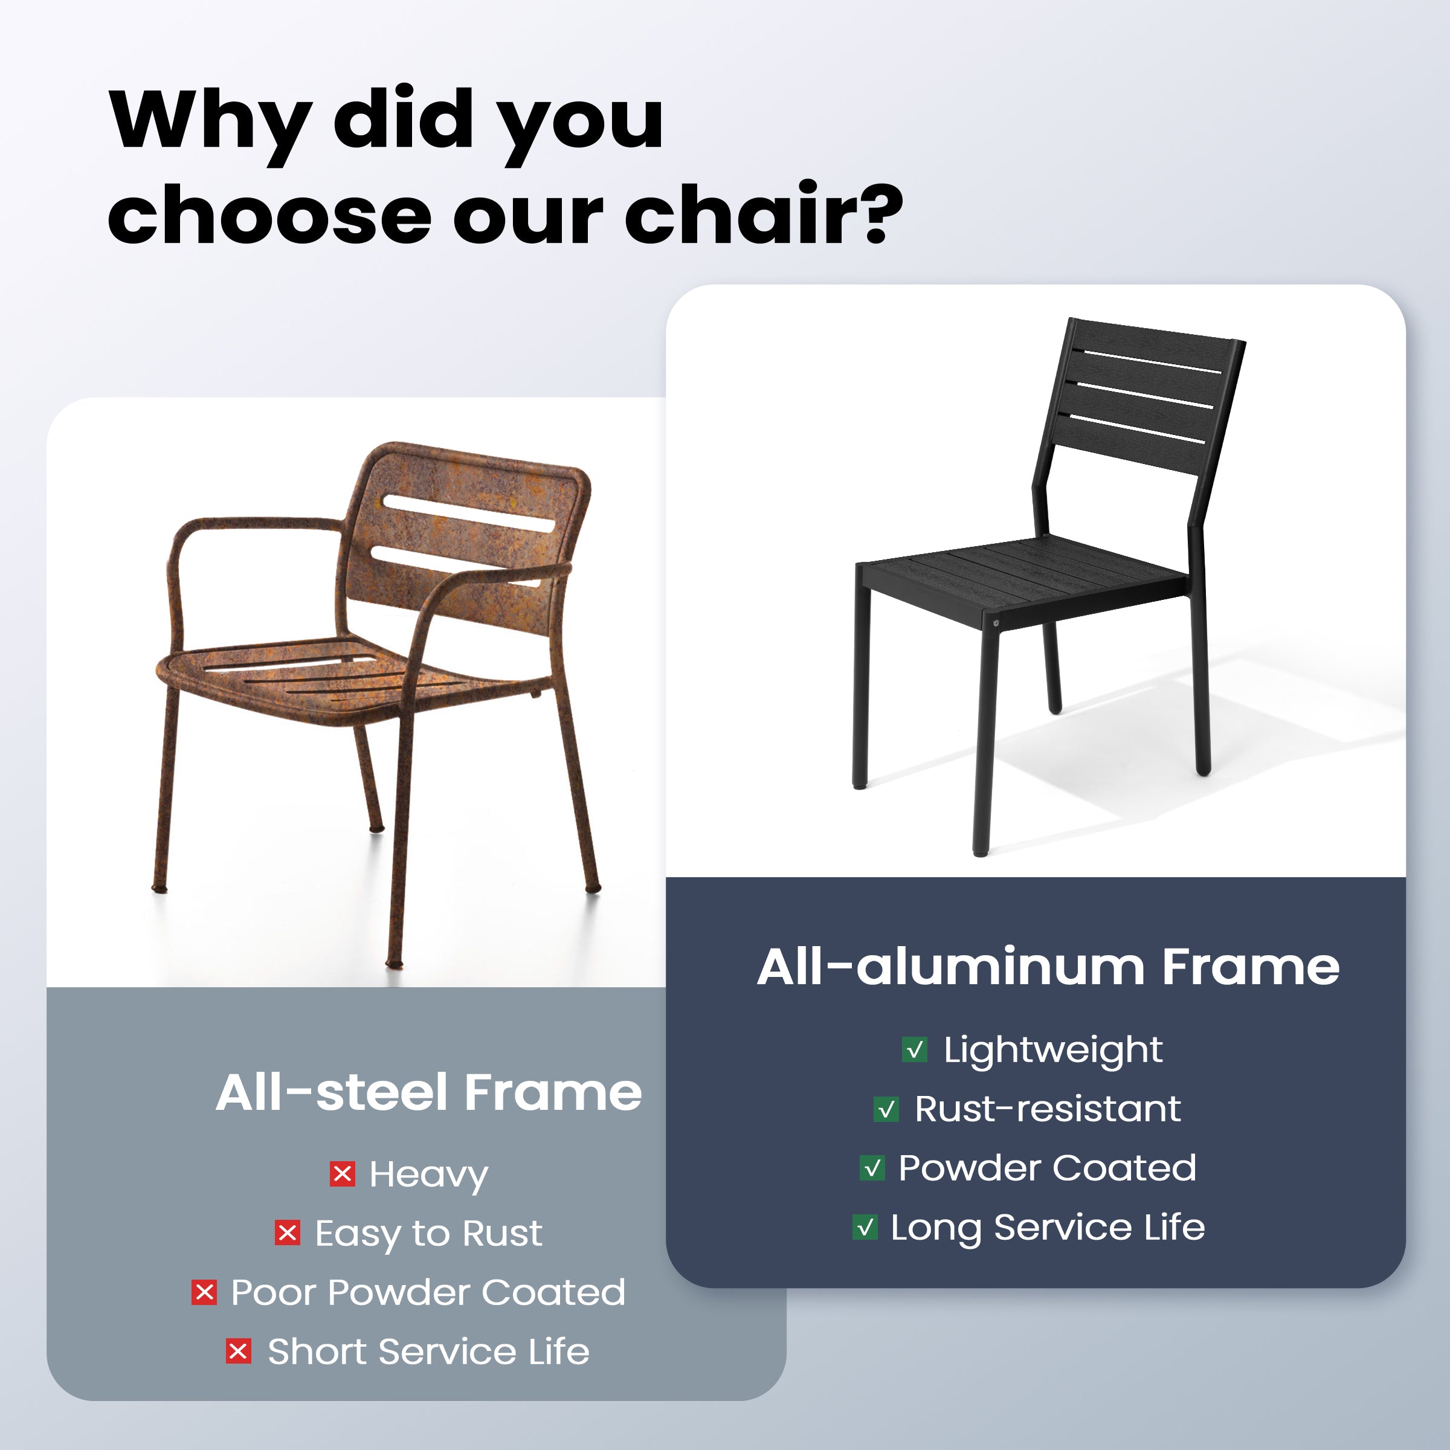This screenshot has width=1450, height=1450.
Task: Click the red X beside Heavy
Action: coord(342,1174)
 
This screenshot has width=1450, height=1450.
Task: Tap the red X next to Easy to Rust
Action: coord(288,1233)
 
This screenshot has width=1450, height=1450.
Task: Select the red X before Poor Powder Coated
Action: coord(204,1292)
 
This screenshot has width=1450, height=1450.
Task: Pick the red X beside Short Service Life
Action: coord(239,1352)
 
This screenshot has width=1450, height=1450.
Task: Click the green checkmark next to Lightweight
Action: coord(915,1049)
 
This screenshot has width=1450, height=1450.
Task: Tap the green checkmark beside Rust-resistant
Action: coord(886,1109)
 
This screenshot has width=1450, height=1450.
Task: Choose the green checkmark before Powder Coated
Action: coord(872,1168)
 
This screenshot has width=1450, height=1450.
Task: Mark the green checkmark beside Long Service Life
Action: coord(865,1227)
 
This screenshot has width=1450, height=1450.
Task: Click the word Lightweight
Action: coord(1053,1051)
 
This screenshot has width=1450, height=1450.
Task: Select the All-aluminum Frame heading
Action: coord(1048,967)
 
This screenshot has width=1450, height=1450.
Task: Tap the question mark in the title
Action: coord(883,214)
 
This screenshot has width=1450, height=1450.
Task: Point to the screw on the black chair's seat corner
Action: coord(996,623)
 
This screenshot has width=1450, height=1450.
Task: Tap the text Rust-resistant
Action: coord(1048,1109)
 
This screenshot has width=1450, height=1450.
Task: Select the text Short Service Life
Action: coord(428,1352)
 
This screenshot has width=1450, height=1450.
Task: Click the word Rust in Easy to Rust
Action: coord(501,1233)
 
